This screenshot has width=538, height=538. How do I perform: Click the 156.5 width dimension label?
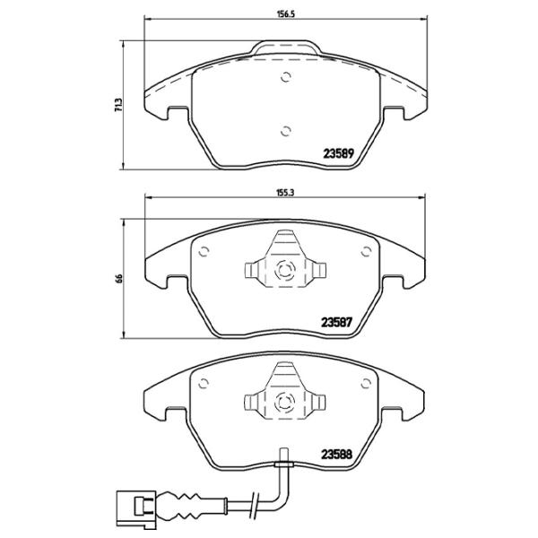coord(286,14)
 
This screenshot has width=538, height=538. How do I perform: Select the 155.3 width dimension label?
coord(285,193)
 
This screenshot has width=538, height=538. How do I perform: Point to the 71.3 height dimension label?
coord(118,105)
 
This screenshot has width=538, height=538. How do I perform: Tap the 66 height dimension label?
coord(119,278)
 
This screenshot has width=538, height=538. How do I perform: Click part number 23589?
coord(338,153)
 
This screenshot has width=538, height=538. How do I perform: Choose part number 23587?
coord(336,323)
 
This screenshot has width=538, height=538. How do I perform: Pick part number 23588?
coord(336,455)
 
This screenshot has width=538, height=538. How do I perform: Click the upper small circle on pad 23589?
coord(286,77)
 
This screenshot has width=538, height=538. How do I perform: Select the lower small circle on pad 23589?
coord(285,131)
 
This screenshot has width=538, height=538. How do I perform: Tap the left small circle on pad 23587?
coord(204,252)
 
